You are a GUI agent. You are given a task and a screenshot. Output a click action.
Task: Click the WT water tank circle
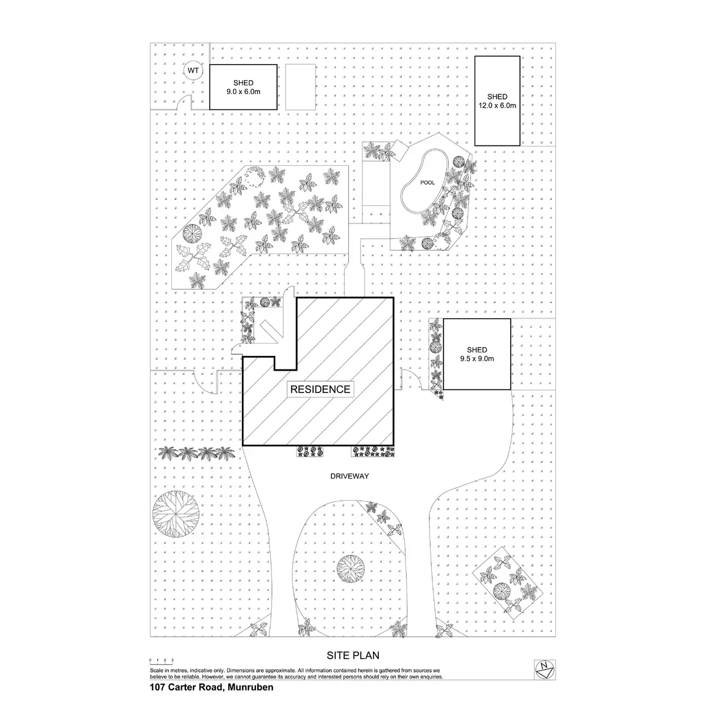click(x=193, y=71)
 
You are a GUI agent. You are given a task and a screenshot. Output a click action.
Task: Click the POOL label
click(x=428, y=183)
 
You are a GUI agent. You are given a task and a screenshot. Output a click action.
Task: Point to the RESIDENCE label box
click(x=320, y=389)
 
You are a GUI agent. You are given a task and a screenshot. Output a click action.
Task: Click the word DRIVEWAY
click(x=349, y=476)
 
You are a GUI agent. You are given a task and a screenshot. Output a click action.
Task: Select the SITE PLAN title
click(x=353, y=655)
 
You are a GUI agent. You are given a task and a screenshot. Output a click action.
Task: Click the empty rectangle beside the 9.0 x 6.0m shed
click(x=301, y=86)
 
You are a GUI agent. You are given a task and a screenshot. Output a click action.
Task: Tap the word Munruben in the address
click(x=251, y=686)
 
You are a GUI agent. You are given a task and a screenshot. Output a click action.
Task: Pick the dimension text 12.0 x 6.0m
click(x=497, y=106)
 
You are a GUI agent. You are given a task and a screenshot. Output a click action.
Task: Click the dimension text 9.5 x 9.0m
click(x=477, y=358)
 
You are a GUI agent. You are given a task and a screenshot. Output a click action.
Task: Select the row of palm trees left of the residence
click(x=198, y=454)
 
